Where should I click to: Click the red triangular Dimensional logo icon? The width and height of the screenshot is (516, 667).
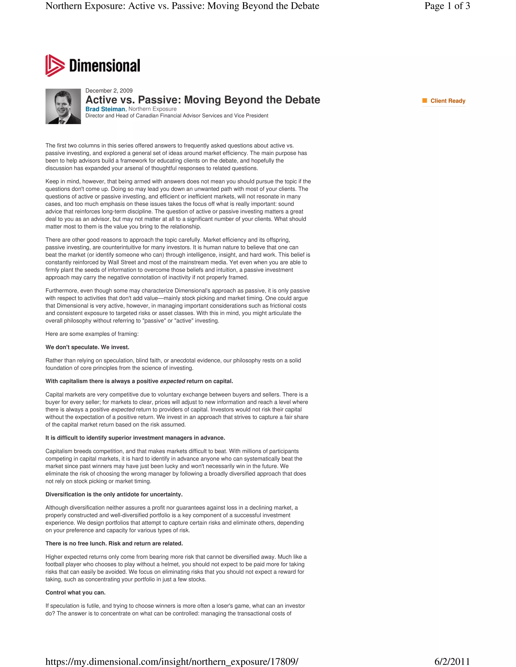point(55,66)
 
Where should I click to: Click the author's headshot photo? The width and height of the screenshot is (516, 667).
point(63,106)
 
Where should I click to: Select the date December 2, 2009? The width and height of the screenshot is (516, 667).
point(109,91)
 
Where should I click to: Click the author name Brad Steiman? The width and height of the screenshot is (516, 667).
point(105,109)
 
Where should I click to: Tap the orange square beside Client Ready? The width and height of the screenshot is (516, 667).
point(425,100)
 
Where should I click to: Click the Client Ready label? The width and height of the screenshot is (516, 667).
point(448,101)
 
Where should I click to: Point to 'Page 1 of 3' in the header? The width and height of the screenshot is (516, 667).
point(447,6)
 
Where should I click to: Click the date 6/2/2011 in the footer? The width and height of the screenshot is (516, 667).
point(452,661)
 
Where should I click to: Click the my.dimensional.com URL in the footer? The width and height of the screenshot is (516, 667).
point(172,661)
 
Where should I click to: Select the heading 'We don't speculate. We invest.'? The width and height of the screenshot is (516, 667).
point(87,347)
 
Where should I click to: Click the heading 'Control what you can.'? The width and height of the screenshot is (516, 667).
point(76,592)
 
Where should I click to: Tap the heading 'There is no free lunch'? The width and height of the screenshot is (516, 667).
point(114,544)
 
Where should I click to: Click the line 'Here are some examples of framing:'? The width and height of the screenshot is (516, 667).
point(92,334)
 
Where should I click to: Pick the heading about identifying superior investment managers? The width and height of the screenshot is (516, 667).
point(135,438)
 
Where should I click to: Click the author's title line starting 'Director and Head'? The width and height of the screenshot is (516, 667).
point(177,116)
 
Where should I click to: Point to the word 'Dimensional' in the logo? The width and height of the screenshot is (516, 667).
point(105,66)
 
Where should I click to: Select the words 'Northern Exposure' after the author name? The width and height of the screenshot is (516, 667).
point(152,109)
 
